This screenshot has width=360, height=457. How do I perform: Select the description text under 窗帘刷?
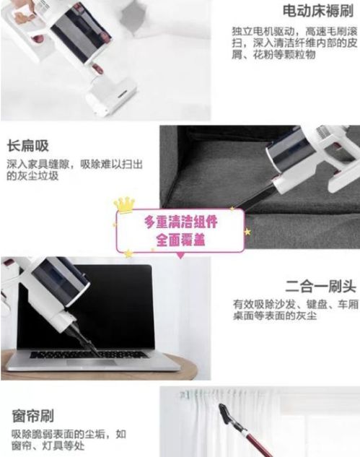pyautogui.click(x=68, y=440)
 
